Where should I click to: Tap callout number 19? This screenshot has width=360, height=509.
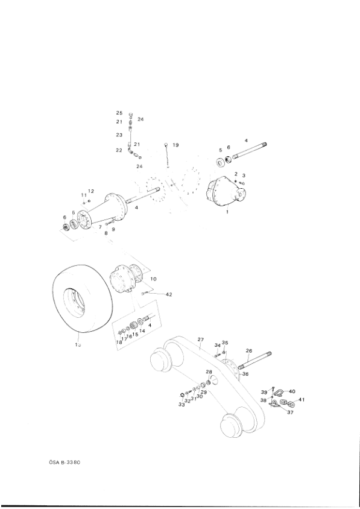(175, 145)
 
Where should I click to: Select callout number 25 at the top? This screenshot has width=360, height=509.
(119, 113)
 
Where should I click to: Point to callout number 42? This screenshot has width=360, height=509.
(169, 294)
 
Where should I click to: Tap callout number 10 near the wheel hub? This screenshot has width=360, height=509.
(154, 279)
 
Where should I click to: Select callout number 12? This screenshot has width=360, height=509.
(91, 191)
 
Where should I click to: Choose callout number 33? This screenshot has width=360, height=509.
(181, 405)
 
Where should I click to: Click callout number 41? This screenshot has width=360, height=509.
(302, 400)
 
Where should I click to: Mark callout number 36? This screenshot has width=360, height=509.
(245, 374)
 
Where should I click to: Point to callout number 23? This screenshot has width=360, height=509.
(119, 135)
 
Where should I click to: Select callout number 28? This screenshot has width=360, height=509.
(209, 371)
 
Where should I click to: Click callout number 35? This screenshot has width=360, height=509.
(225, 343)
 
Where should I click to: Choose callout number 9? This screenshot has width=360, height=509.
(112, 230)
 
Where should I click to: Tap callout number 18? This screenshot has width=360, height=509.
(120, 342)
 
